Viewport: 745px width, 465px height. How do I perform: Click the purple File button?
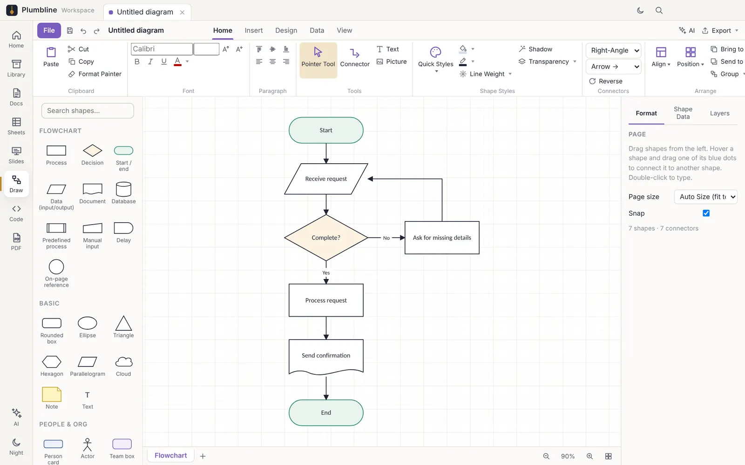point(49,30)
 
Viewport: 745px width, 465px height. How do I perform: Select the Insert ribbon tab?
point(253,30)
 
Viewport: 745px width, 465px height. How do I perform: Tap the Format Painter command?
point(95,74)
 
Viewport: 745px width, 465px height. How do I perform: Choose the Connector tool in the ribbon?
point(354,58)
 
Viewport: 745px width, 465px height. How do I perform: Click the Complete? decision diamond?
point(326,238)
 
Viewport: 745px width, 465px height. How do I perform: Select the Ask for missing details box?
point(442,238)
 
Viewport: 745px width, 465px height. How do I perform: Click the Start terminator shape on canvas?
point(326,130)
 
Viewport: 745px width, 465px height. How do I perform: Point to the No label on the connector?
point(386,238)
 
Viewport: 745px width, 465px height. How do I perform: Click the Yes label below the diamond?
point(326,272)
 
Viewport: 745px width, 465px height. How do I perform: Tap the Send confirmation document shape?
point(326,357)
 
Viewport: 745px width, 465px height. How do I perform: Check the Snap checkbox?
point(706,213)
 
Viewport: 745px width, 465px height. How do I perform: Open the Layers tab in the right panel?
point(719,113)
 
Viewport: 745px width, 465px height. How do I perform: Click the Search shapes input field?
point(88,111)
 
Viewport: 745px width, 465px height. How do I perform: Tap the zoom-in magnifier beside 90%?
point(589,456)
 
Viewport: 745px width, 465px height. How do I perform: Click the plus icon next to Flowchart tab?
point(203,456)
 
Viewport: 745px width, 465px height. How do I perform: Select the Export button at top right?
point(720,31)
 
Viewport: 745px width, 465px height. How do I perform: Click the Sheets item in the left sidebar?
point(16,126)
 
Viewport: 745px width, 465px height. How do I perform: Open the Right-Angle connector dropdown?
point(614,50)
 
